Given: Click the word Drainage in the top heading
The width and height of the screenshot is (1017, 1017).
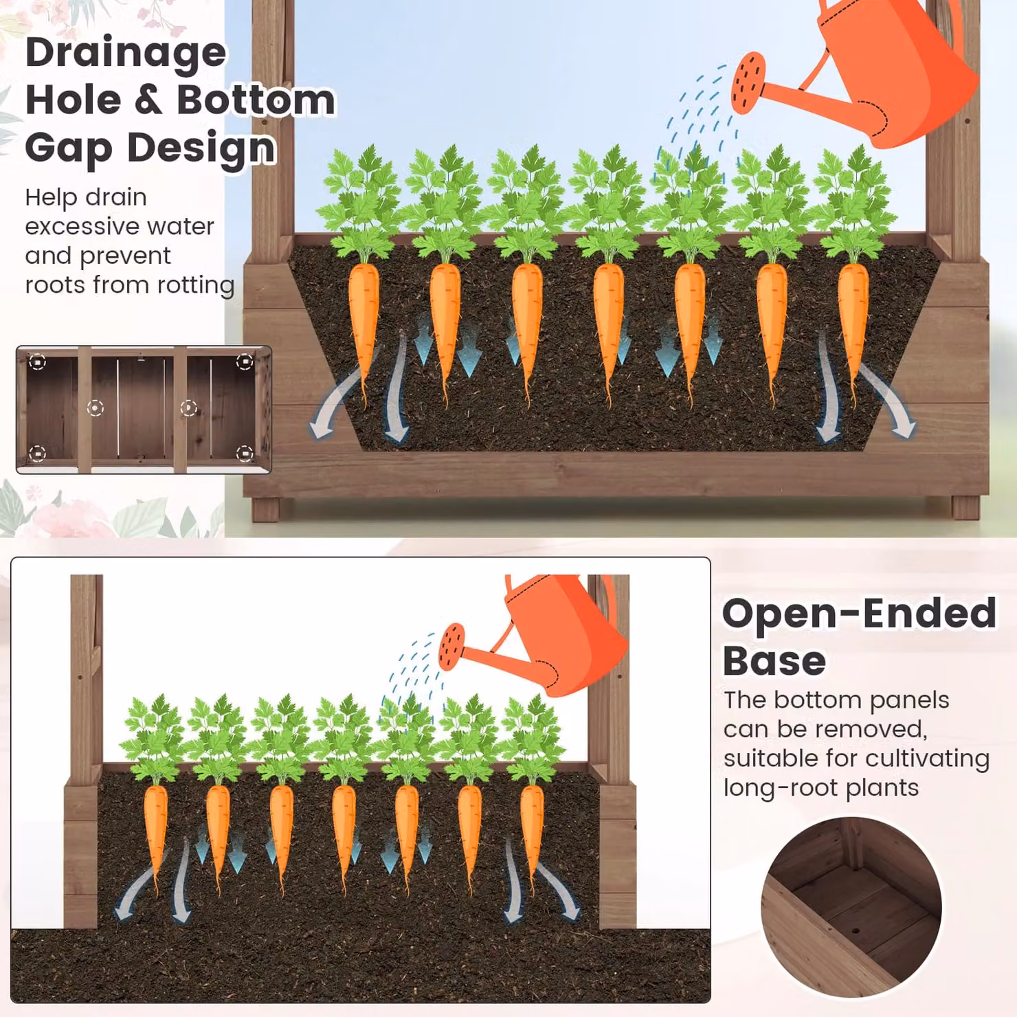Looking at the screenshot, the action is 126,53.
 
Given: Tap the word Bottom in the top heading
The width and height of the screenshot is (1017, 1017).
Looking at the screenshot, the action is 256,100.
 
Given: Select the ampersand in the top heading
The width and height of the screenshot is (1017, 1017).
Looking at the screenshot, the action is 149,100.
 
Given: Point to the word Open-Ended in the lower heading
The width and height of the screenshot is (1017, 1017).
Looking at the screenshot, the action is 859,613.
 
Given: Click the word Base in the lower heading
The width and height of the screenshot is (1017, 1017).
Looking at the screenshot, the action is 774,661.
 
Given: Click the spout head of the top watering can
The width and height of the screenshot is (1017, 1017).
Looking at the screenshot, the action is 748,83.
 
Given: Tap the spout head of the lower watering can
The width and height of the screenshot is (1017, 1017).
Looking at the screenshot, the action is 451,647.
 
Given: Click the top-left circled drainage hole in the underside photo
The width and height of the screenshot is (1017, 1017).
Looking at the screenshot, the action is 38,361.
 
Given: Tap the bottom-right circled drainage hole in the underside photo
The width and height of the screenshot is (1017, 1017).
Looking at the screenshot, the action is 245,454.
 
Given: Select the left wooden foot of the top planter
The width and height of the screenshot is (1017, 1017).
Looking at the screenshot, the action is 266,509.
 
